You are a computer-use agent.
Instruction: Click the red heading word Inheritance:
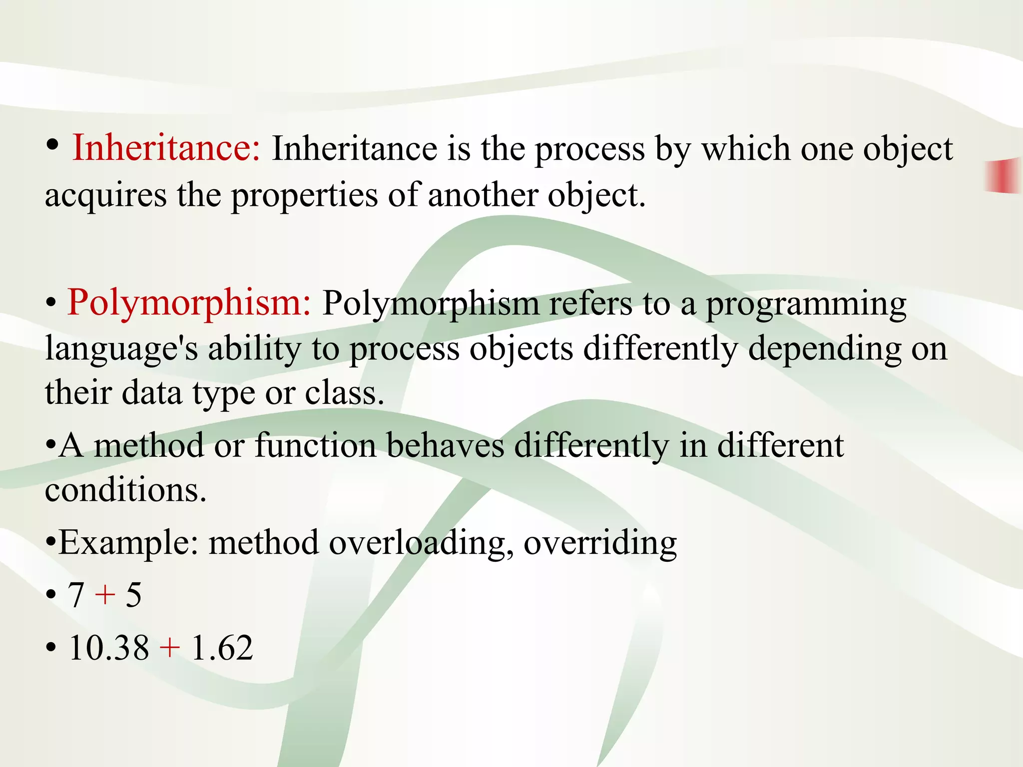[166, 148]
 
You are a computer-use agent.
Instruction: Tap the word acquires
[106, 196]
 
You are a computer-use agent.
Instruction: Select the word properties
[304, 196]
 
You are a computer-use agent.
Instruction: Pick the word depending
[825, 350]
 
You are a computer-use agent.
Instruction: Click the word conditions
[125, 490]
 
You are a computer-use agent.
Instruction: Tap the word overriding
[600, 543]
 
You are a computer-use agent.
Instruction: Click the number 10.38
[109, 648]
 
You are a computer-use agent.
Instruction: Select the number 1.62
[222, 648]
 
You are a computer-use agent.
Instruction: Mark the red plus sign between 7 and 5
[105, 595]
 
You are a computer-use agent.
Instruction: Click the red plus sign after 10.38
[170, 648]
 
